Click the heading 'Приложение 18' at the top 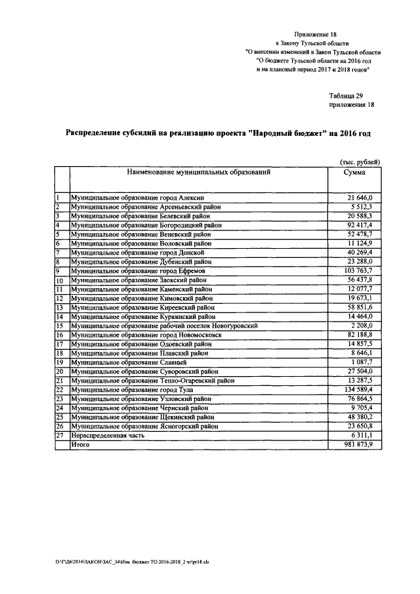317,30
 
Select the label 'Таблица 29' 346,95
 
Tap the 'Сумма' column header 354,173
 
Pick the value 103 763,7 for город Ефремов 356,271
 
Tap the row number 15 59,326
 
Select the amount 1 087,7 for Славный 360,362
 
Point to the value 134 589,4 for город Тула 356,390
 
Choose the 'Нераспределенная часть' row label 106,435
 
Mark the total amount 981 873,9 356,444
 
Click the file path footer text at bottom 124,562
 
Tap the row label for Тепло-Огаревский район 154,381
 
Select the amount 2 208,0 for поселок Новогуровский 360,326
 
